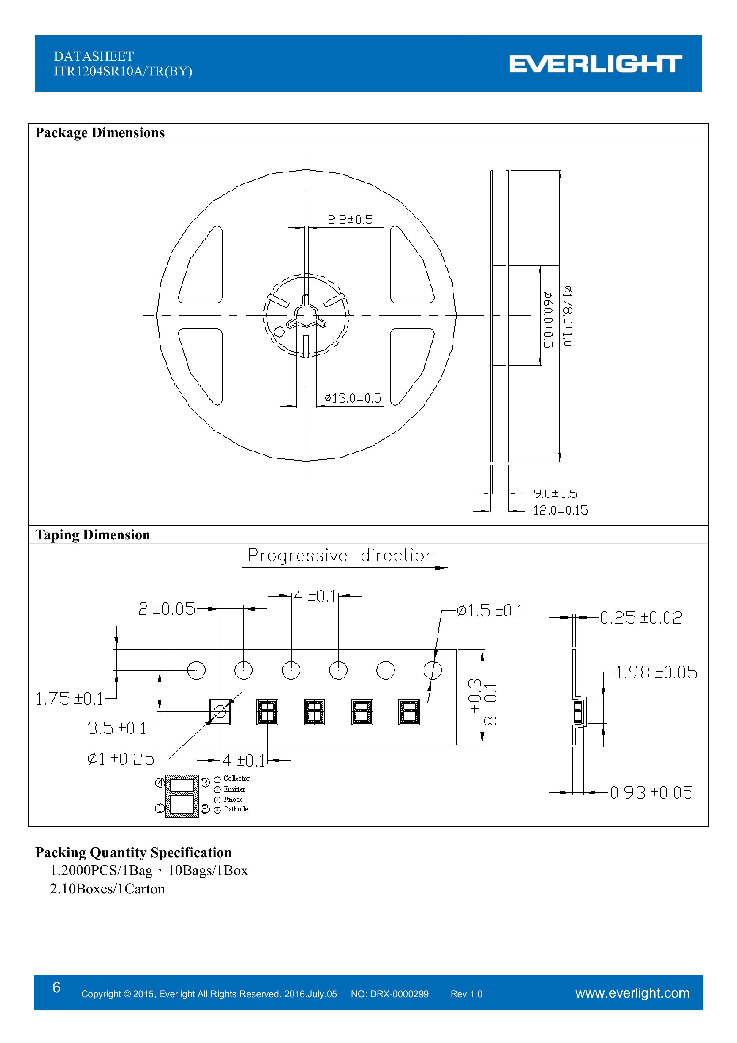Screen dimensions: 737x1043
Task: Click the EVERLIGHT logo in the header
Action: [x=595, y=64]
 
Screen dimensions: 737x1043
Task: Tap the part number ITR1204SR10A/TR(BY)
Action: [x=123, y=72]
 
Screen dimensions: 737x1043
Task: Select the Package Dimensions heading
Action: [x=100, y=133]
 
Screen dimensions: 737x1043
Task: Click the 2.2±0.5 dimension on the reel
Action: [x=350, y=220]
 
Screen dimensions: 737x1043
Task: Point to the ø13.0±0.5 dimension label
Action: [x=353, y=398]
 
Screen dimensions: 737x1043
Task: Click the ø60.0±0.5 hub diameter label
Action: [x=548, y=319]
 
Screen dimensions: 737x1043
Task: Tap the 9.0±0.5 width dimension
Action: [x=555, y=494]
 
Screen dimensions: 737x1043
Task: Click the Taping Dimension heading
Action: [x=93, y=535]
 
